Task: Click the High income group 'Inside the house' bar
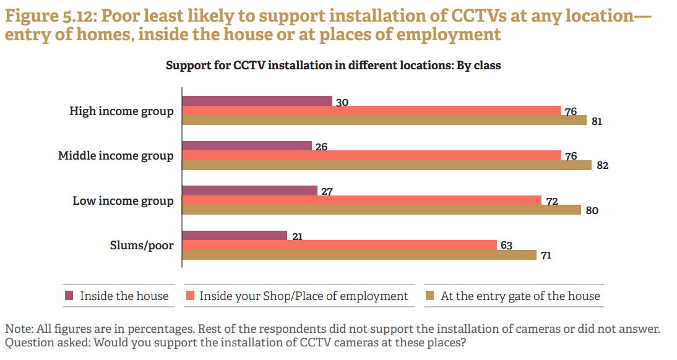click(257, 101)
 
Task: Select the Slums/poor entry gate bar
click(359, 255)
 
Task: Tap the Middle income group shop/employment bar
click(371, 156)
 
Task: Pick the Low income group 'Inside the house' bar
click(249, 191)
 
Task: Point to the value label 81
click(597, 121)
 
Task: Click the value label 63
click(506, 246)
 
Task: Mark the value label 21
click(297, 236)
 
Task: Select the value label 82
click(603, 166)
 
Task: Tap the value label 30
click(342, 103)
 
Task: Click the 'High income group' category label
click(121, 111)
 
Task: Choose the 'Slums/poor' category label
click(141, 246)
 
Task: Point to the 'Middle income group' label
click(116, 156)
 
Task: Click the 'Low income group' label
click(123, 200)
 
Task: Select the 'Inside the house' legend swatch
click(69, 296)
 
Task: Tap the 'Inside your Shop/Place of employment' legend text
click(303, 296)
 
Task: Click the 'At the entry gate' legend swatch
click(429, 296)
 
